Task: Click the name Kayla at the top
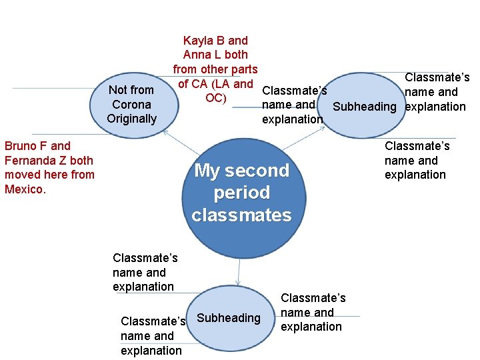[197, 41]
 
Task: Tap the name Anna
[197, 55]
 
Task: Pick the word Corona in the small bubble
[131, 105]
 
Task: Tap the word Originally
[131, 119]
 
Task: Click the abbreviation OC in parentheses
[213, 98]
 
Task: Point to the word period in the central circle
[241, 193]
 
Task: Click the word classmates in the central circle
[241, 215]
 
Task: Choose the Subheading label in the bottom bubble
[229, 318]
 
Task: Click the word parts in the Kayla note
[241, 69]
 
